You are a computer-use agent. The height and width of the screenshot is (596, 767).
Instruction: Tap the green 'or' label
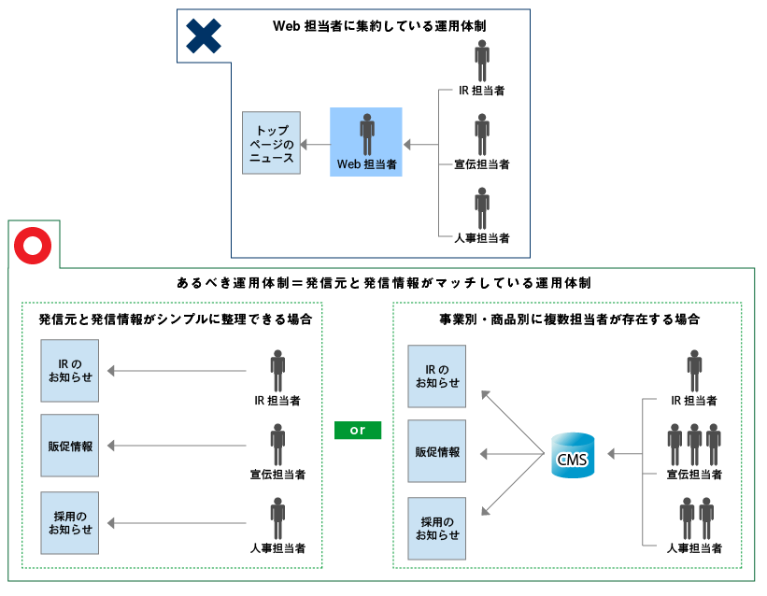(x=357, y=431)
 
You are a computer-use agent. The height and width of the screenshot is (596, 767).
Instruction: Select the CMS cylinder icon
(x=572, y=455)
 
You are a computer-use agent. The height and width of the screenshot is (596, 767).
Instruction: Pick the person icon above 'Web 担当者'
(x=367, y=135)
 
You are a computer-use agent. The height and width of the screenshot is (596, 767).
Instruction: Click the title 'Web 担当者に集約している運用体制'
(x=379, y=26)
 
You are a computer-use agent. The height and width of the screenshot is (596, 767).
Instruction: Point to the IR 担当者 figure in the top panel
(x=482, y=61)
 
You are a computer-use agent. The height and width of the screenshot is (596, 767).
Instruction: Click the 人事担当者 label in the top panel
(x=482, y=238)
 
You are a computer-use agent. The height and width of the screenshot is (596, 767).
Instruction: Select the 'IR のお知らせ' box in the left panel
(x=70, y=372)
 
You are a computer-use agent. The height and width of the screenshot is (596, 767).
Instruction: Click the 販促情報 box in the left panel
(x=70, y=446)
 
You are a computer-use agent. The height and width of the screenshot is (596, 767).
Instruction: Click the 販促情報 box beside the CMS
(x=437, y=452)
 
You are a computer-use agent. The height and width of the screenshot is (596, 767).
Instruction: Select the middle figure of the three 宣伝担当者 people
(x=694, y=445)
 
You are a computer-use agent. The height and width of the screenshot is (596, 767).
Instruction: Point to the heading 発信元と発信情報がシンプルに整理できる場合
(x=176, y=319)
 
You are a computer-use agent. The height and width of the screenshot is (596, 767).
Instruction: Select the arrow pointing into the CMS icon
(x=623, y=454)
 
